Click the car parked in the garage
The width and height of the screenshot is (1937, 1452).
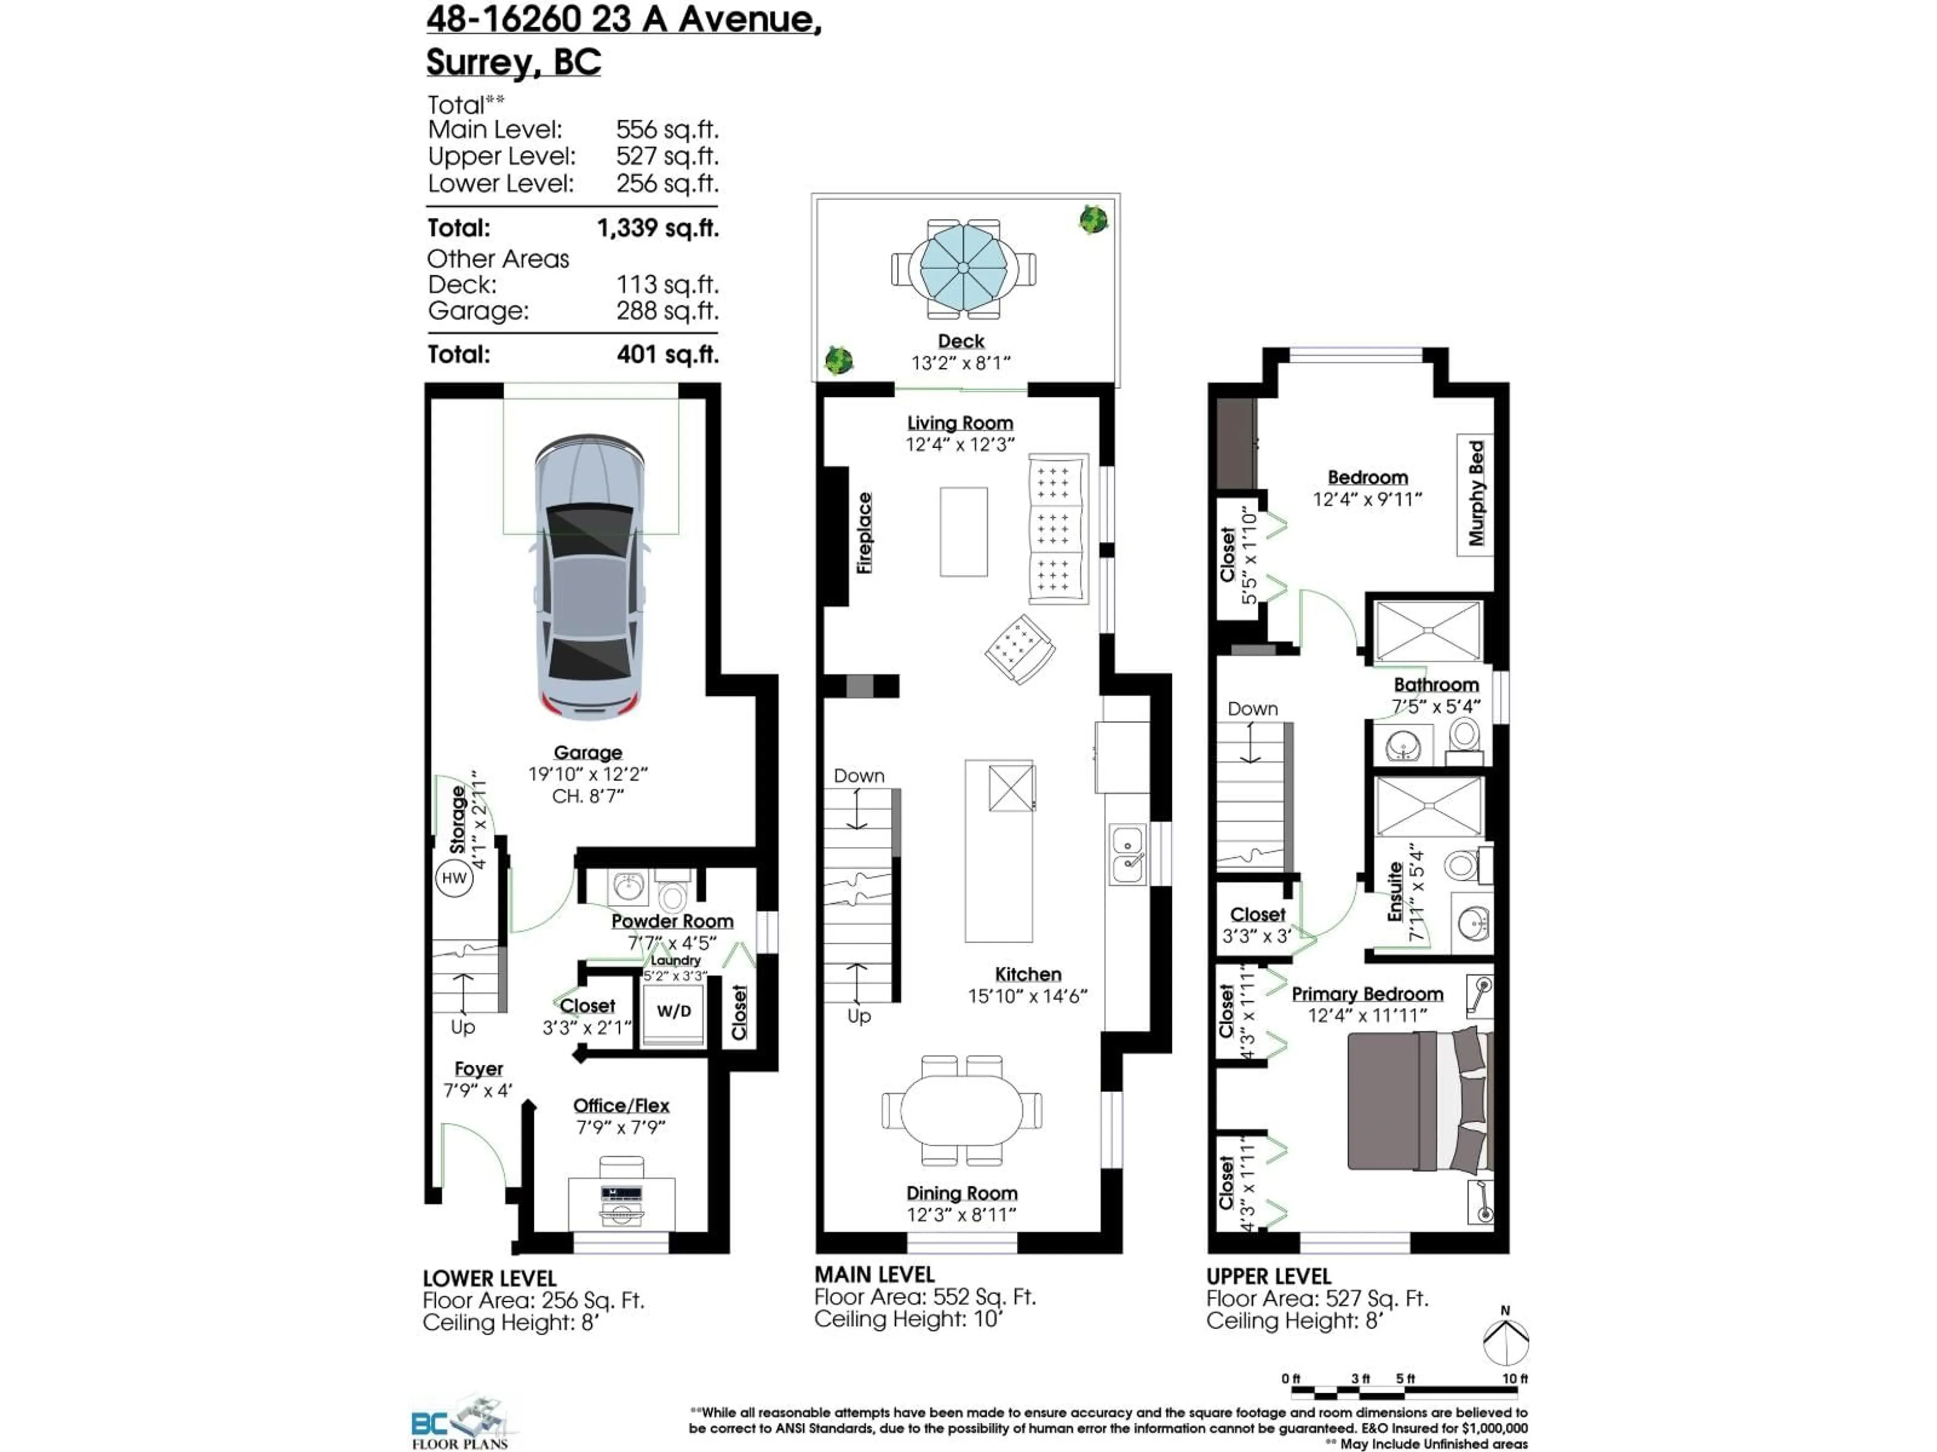pyautogui.click(x=589, y=578)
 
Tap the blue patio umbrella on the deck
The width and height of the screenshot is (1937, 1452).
pyautogui.click(x=962, y=267)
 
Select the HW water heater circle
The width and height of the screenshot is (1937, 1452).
pyautogui.click(x=453, y=878)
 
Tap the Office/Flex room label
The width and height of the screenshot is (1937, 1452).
pyautogui.click(x=621, y=1106)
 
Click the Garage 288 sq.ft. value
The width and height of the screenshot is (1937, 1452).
pyautogui.click(x=666, y=311)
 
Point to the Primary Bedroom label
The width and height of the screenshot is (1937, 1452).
pyautogui.click(x=1367, y=994)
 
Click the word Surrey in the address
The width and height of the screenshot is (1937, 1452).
pyautogui.click(x=479, y=62)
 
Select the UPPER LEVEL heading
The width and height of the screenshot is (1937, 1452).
pyautogui.click(x=1268, y=1276)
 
